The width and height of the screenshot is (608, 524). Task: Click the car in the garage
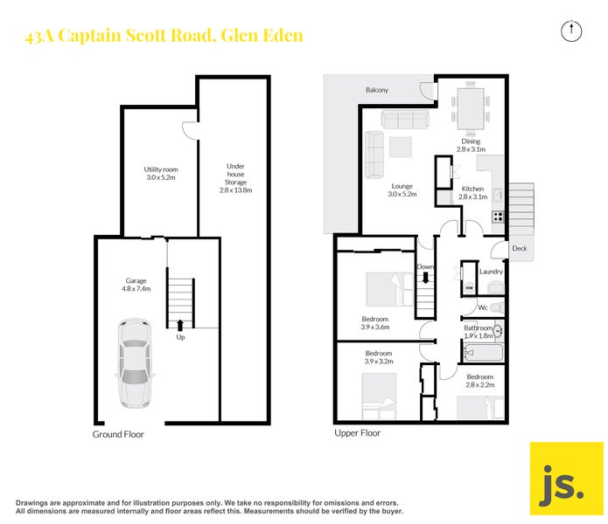(x=135, y=363)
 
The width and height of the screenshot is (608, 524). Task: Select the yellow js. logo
(x=566, y=479)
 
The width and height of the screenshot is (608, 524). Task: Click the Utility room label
(x=161, y=173)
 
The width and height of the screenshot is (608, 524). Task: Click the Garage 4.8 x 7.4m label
(x=136, y=284)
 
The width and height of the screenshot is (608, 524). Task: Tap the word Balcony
(x=377, y=91)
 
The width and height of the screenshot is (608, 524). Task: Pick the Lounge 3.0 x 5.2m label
(x=402, y=190)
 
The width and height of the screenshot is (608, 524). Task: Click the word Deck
(x=520, y=249)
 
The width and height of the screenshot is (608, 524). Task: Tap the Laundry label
(x=491, y=272)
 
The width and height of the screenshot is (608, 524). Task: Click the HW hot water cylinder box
(x=469, y=288)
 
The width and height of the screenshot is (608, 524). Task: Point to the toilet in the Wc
(x=496, y=307)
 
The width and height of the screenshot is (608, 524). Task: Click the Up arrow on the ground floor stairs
(x=180, y=325)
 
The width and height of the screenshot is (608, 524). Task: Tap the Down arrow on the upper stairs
(x=426, y=279)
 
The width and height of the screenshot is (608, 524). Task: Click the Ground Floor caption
(x=118, y=434)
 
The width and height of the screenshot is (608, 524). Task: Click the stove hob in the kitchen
(x=498, y=216)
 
